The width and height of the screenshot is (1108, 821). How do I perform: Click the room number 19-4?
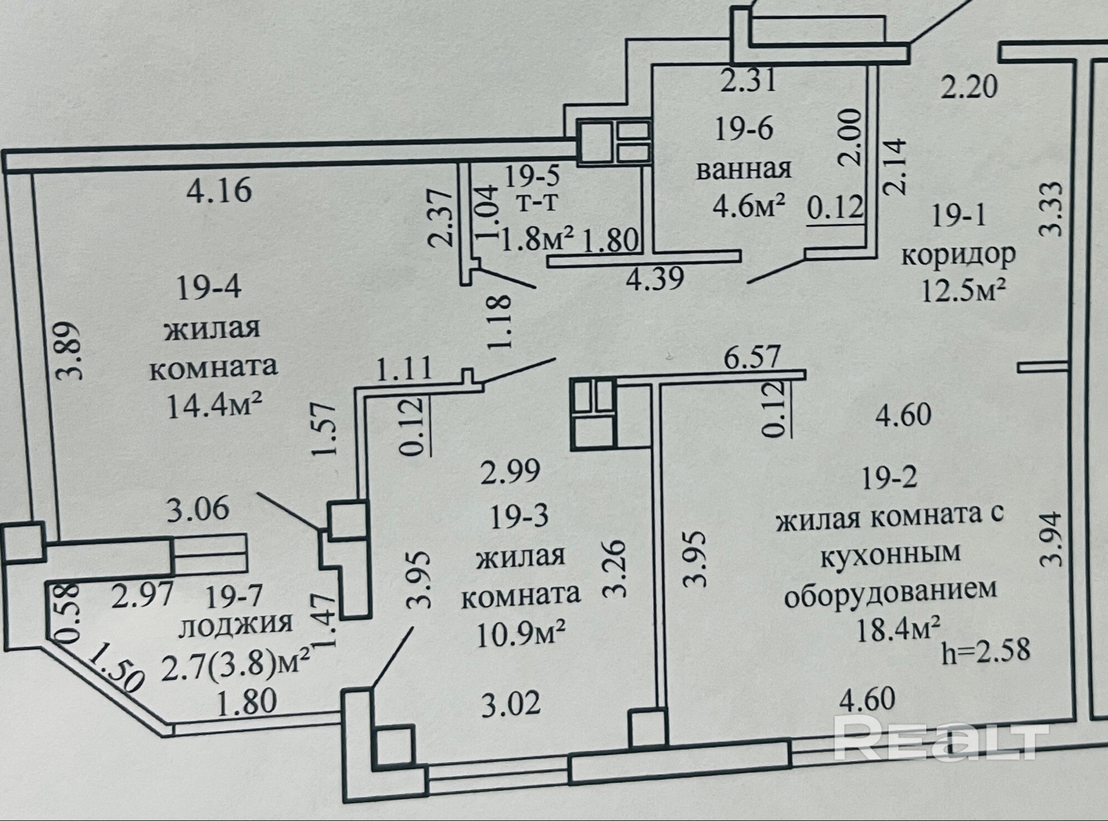(x=208, y=289)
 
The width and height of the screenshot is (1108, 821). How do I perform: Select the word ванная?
(x=744, y=169)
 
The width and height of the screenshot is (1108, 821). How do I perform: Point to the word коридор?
(x=958, y=254)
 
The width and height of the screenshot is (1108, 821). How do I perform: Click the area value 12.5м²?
(x=963, y=289)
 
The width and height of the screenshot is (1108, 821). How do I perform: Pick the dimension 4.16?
(x=219, y=191)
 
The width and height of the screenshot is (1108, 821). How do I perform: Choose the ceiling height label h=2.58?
(x=986, y=650)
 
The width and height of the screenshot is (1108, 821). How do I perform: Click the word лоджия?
(x=237, y=625)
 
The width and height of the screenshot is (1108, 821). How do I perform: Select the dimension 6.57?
(x=752, y=357)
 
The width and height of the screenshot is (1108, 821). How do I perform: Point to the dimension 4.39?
(x=654, y=277)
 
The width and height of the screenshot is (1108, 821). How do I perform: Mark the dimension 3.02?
(x=510, y=706)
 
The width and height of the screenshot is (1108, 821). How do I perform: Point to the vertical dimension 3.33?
(x=1053, y=209)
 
